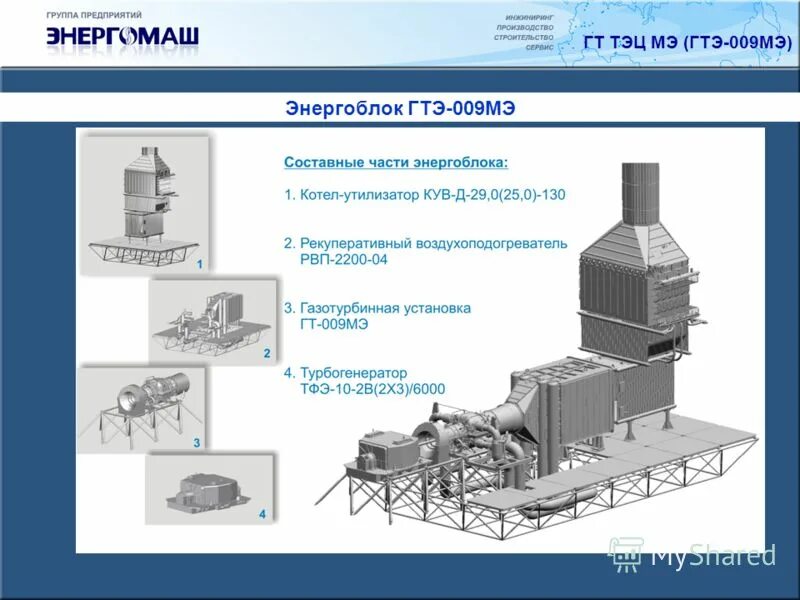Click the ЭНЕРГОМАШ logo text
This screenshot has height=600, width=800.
coord(122,38)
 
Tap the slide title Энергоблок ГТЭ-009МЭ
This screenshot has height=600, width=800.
coord(400,108)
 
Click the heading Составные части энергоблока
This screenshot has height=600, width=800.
coord(395,162)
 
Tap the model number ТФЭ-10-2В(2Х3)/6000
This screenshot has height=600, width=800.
coord(372,389)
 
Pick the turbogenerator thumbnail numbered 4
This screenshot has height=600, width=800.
coord(207,488)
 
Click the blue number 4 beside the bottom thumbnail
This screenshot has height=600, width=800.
coord(262,514)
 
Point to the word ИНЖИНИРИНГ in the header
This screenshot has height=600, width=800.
coord(529,17)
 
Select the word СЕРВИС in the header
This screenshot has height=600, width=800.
coord(539,47)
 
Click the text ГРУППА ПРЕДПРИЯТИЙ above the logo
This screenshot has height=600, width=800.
coord(94,16)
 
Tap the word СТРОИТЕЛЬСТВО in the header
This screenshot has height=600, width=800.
coord(523,37)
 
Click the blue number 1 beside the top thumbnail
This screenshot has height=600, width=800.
coord(200,265)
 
